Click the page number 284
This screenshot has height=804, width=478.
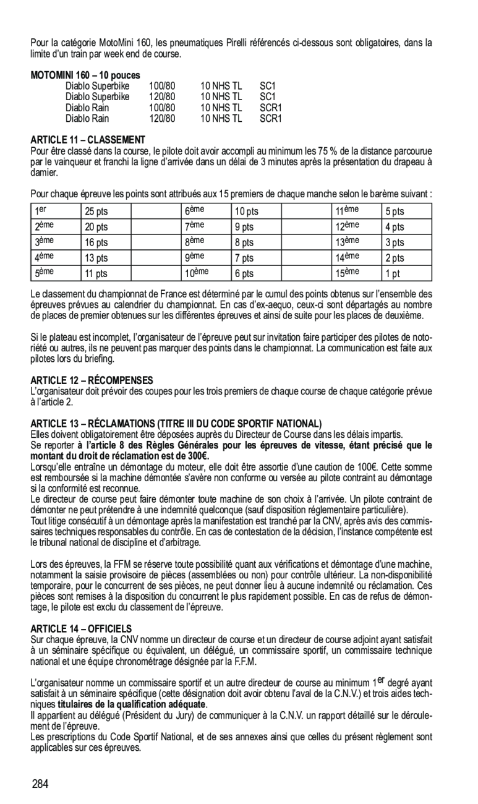[40, 784]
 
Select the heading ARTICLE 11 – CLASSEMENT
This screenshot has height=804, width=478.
[88, 140]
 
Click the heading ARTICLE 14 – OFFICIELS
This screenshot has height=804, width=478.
[81, 628]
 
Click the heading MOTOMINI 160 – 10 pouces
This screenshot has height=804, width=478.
[85, 75]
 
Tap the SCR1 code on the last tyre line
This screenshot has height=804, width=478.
[270, 118]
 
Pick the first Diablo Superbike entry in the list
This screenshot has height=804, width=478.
[97, 86]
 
